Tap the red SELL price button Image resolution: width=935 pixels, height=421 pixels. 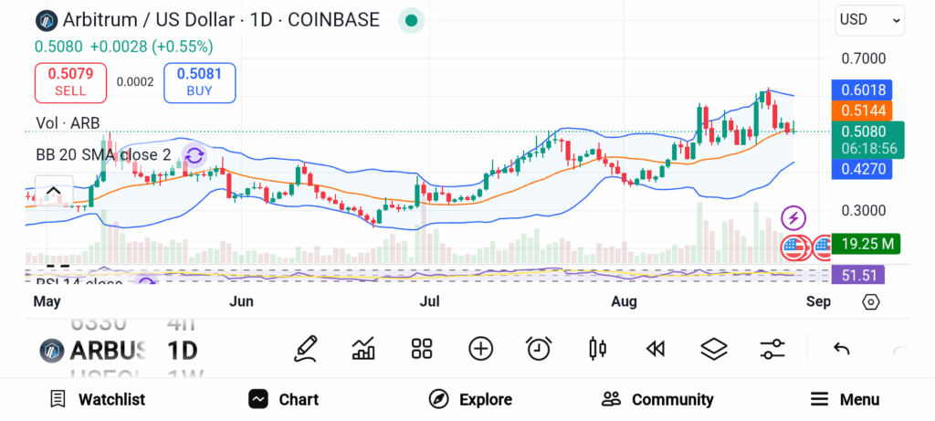(x=70, y=82)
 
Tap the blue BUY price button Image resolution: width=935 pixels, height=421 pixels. (x=199, y=82)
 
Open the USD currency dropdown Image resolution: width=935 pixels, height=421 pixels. (x=869, y=19)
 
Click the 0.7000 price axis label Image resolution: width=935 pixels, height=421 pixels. (x=863, y=59)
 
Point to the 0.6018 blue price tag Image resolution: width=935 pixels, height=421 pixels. (x=862, y=90)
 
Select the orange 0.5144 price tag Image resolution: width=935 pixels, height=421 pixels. (x=862, y=111)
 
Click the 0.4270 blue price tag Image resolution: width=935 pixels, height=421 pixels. (x=862, y=169)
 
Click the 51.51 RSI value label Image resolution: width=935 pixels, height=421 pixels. (x=862, y=275)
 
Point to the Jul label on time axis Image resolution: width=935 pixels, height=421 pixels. (x=430, y=301)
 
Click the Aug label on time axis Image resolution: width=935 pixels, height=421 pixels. (x=625, y=301)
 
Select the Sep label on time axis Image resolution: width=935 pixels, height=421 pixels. (x=818, y=301)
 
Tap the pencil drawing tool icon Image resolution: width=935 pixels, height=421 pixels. (x=306, y=348)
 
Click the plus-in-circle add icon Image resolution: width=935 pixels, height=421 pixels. (x=480, y=348)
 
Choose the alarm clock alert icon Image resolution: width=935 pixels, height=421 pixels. (x=539, y=348)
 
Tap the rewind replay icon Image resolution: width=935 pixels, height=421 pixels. (x=655, y=348)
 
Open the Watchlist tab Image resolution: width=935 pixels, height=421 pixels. (x=98, y=399)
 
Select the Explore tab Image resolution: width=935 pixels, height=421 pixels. (x=471, y=399)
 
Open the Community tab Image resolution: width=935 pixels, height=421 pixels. (x=657, y=399)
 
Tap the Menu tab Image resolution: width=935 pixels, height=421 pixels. (x=846, y=399)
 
